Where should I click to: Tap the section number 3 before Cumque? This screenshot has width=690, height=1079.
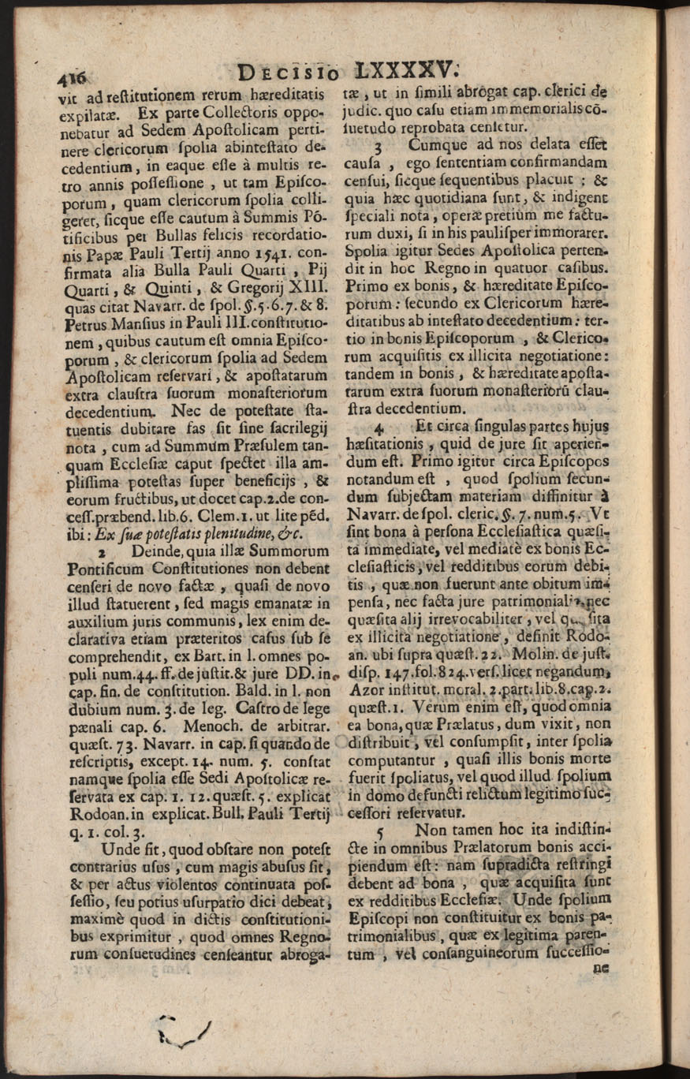[x=379, y=145]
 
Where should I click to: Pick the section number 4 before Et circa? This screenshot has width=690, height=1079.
[x=379, y=429]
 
